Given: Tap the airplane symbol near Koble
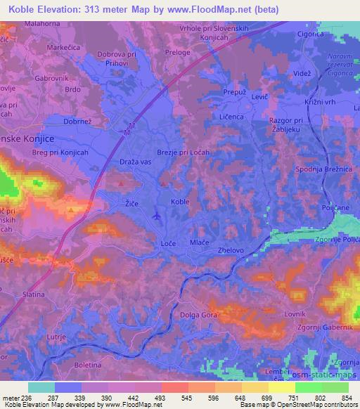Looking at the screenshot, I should point(156,215).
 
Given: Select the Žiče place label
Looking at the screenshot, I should point(122,202).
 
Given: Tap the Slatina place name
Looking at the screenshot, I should point(34,294).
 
